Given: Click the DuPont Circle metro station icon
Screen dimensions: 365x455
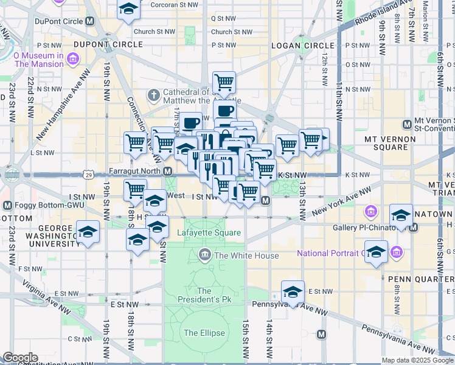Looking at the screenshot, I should (90, 21).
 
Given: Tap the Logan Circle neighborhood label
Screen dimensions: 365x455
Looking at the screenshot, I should (303, 46).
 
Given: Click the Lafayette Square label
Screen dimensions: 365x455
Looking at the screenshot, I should (209, 233).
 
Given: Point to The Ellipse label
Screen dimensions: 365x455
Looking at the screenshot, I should (204, 333).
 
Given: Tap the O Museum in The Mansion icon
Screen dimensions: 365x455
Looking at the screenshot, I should (74, 59).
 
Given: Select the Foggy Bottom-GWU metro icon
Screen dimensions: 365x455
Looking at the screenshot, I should (8, 206).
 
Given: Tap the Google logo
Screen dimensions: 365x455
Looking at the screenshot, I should (20, 358).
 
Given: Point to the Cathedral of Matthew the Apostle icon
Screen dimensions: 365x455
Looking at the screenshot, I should (153, 96).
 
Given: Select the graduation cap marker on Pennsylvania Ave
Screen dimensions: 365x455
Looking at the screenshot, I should (293, 293).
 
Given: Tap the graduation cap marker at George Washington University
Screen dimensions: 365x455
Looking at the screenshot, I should (89, 232).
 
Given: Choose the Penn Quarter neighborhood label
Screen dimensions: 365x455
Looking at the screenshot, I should (420, 279).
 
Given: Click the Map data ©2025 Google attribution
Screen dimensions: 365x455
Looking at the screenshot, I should (417, 360).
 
